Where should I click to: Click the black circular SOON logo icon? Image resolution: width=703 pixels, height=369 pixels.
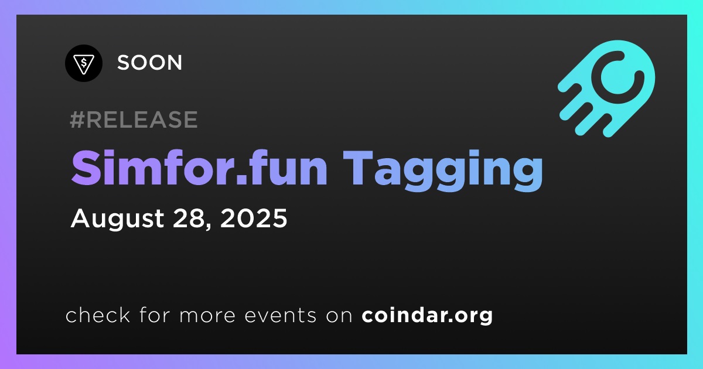click(83, 63)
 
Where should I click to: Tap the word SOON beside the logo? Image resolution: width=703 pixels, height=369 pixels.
click(150, 63)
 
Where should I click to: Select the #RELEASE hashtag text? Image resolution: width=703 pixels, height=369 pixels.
click(134, 119)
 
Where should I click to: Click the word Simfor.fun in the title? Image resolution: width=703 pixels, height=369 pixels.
click(200, 168)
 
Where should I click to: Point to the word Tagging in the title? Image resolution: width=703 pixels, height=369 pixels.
click(442, 170)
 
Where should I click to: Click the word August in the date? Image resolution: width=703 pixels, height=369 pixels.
click(117, 218)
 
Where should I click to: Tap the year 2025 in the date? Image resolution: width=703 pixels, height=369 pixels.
click(254, 218)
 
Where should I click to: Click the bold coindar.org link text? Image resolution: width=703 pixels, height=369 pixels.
click(427, 315)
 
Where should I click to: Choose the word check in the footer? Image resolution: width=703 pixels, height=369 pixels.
click(98, 315)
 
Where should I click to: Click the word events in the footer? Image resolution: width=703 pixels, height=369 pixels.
click(280, 315)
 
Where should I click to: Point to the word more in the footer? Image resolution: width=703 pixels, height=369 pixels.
click(207, 316)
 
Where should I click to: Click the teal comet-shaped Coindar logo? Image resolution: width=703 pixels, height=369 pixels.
click(606, 88)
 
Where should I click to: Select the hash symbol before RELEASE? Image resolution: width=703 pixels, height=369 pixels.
click(77, 119)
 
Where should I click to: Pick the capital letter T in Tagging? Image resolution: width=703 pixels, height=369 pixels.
click(357, 169)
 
